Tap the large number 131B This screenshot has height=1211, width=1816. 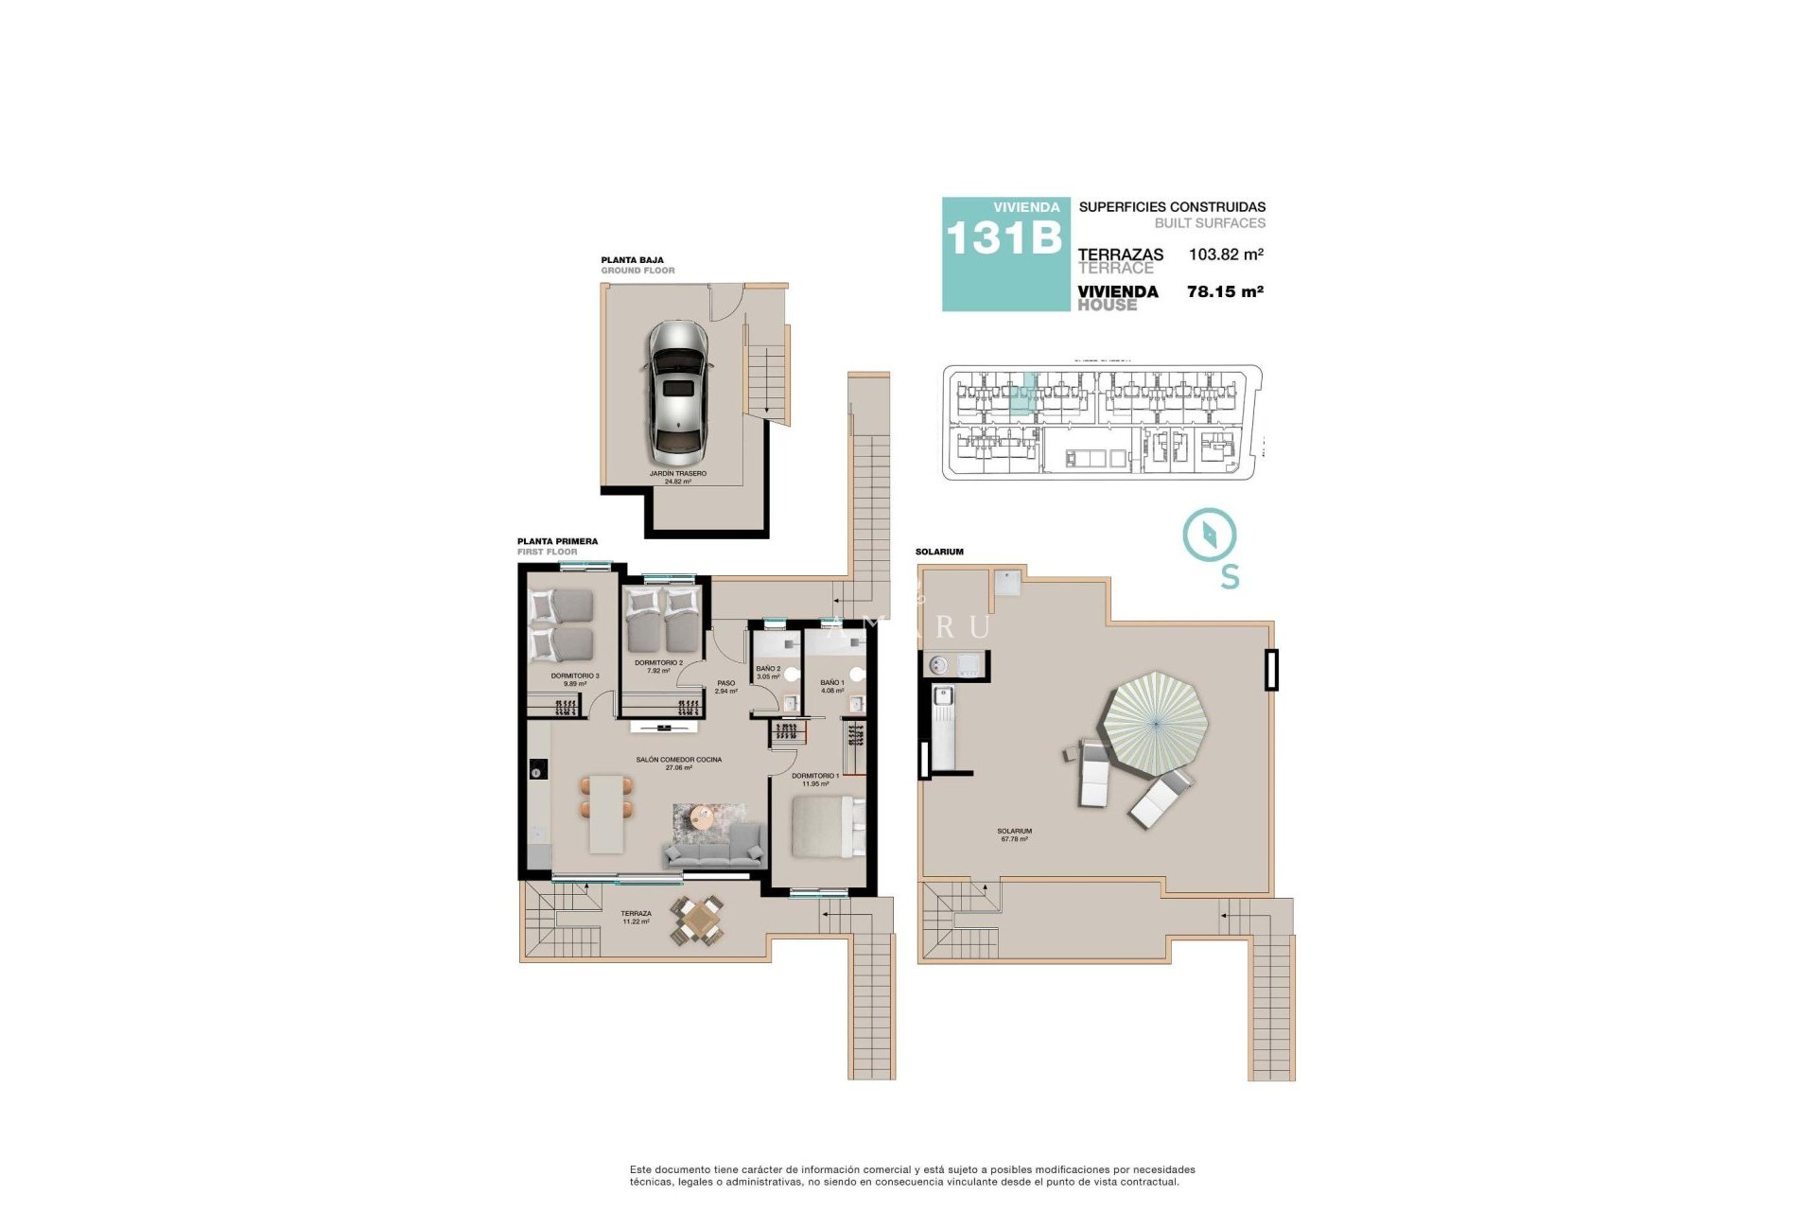(x=1004, y=238)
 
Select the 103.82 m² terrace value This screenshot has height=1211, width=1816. (x=1226, y=254)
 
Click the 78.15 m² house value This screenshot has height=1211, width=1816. (x=1225, y=292)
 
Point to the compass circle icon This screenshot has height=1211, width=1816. (x=1210, y=535)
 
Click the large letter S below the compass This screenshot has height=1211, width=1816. (x=1230, y=577)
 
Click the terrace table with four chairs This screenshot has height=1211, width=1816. (x=698, y=920)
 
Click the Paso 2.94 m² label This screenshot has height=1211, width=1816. (x=725, y=687)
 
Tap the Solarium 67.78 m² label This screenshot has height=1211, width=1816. (x=1014, y=834)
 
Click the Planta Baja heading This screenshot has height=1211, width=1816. (x=632, y=259)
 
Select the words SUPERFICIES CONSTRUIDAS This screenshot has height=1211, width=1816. (x=1171, y=207)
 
